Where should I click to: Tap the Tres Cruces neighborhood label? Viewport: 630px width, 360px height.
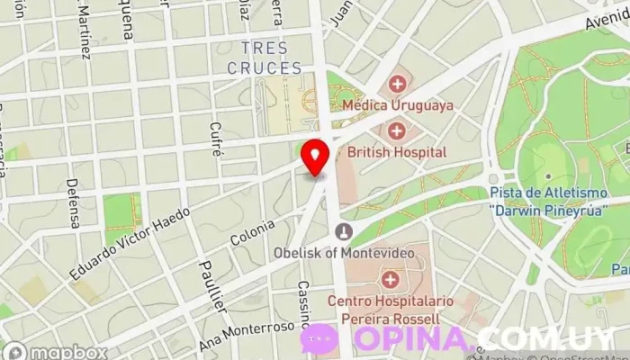tap(264, 58)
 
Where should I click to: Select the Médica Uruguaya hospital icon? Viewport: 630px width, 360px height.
tap(396, 85)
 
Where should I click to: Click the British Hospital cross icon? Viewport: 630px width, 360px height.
tap(396, 131)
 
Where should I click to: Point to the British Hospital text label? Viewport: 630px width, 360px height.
tap(396, 152)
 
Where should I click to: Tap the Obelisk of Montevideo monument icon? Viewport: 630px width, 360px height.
tap(342, 232)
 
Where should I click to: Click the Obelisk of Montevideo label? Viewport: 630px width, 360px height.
tap(345, 252)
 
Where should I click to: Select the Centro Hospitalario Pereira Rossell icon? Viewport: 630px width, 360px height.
tap(389, 280)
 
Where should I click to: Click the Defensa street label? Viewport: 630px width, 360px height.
tap(72, 202)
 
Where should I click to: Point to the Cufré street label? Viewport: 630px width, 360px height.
tap(215, 139)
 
